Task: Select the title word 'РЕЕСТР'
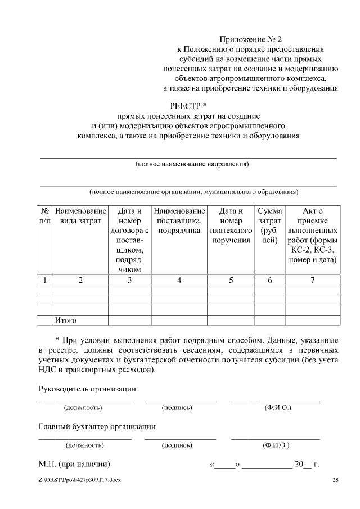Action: click(186, 105)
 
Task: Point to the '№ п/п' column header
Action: click(44, 216)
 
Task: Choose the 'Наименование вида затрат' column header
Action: click(80, 216)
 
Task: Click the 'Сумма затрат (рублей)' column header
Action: click(269, 226)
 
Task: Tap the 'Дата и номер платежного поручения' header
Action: click(231, 226)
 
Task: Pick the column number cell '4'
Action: click(179, 280)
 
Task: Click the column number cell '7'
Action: click(312, 280)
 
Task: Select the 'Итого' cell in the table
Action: click(65, 321)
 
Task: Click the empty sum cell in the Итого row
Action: click(269, 321)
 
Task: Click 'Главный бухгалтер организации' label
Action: click(97, 426)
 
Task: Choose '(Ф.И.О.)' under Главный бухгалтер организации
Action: click(276, 445)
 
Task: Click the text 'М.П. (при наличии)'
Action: click(74, 465)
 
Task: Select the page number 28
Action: click(336, 480)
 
